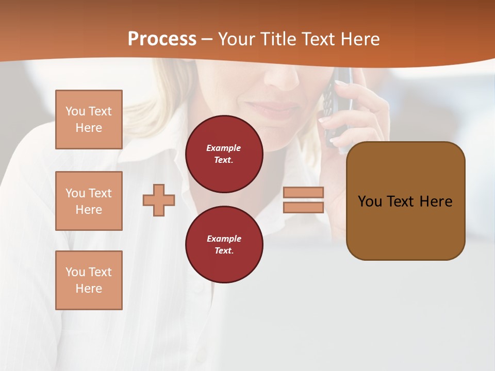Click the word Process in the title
point(162,39)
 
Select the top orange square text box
point(89,120)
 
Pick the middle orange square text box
point(89,201)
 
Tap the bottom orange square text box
point(89,280)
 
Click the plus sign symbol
point(159,200)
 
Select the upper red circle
point(224,154)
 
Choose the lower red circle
point(224,245)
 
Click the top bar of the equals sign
point(304,193)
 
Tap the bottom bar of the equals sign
point(304,208)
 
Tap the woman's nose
point(281,77)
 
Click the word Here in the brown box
point(436,201)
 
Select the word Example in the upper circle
point(224,148)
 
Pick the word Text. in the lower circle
point(224,251)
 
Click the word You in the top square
point(75,111)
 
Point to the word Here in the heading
point(358,39)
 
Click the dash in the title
point(207,39)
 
